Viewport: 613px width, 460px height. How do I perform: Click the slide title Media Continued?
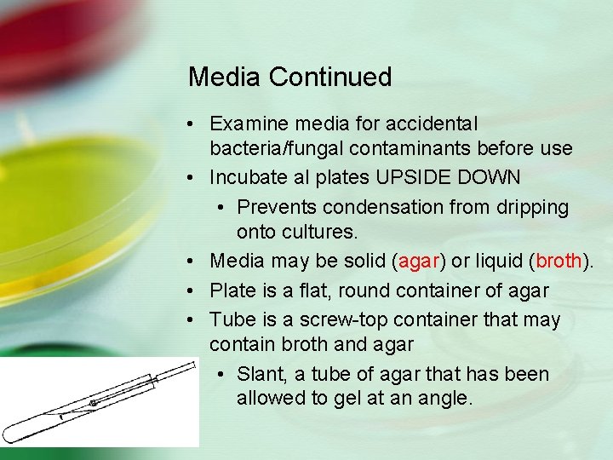[x=289, y=78]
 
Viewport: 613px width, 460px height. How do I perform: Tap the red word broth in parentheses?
[x=557, y=262]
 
